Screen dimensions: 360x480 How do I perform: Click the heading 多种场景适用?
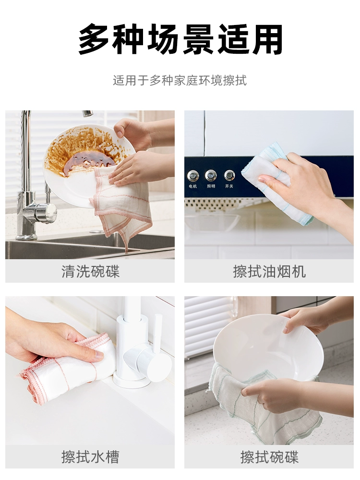click(180, 39)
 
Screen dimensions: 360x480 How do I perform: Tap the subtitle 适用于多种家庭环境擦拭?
click(180, 81)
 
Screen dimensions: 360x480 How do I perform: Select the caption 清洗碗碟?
click(90, 272)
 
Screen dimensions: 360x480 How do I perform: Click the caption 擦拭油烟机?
click(269, 272)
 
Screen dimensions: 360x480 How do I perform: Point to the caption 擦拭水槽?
click(90, 457)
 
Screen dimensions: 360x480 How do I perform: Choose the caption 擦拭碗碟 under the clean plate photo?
click(269, 457)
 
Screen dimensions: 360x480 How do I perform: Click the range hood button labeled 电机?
click(193, 176)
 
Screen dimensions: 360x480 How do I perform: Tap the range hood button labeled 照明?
click(211, 175)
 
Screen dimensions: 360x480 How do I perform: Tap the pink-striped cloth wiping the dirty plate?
click(122, 202)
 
